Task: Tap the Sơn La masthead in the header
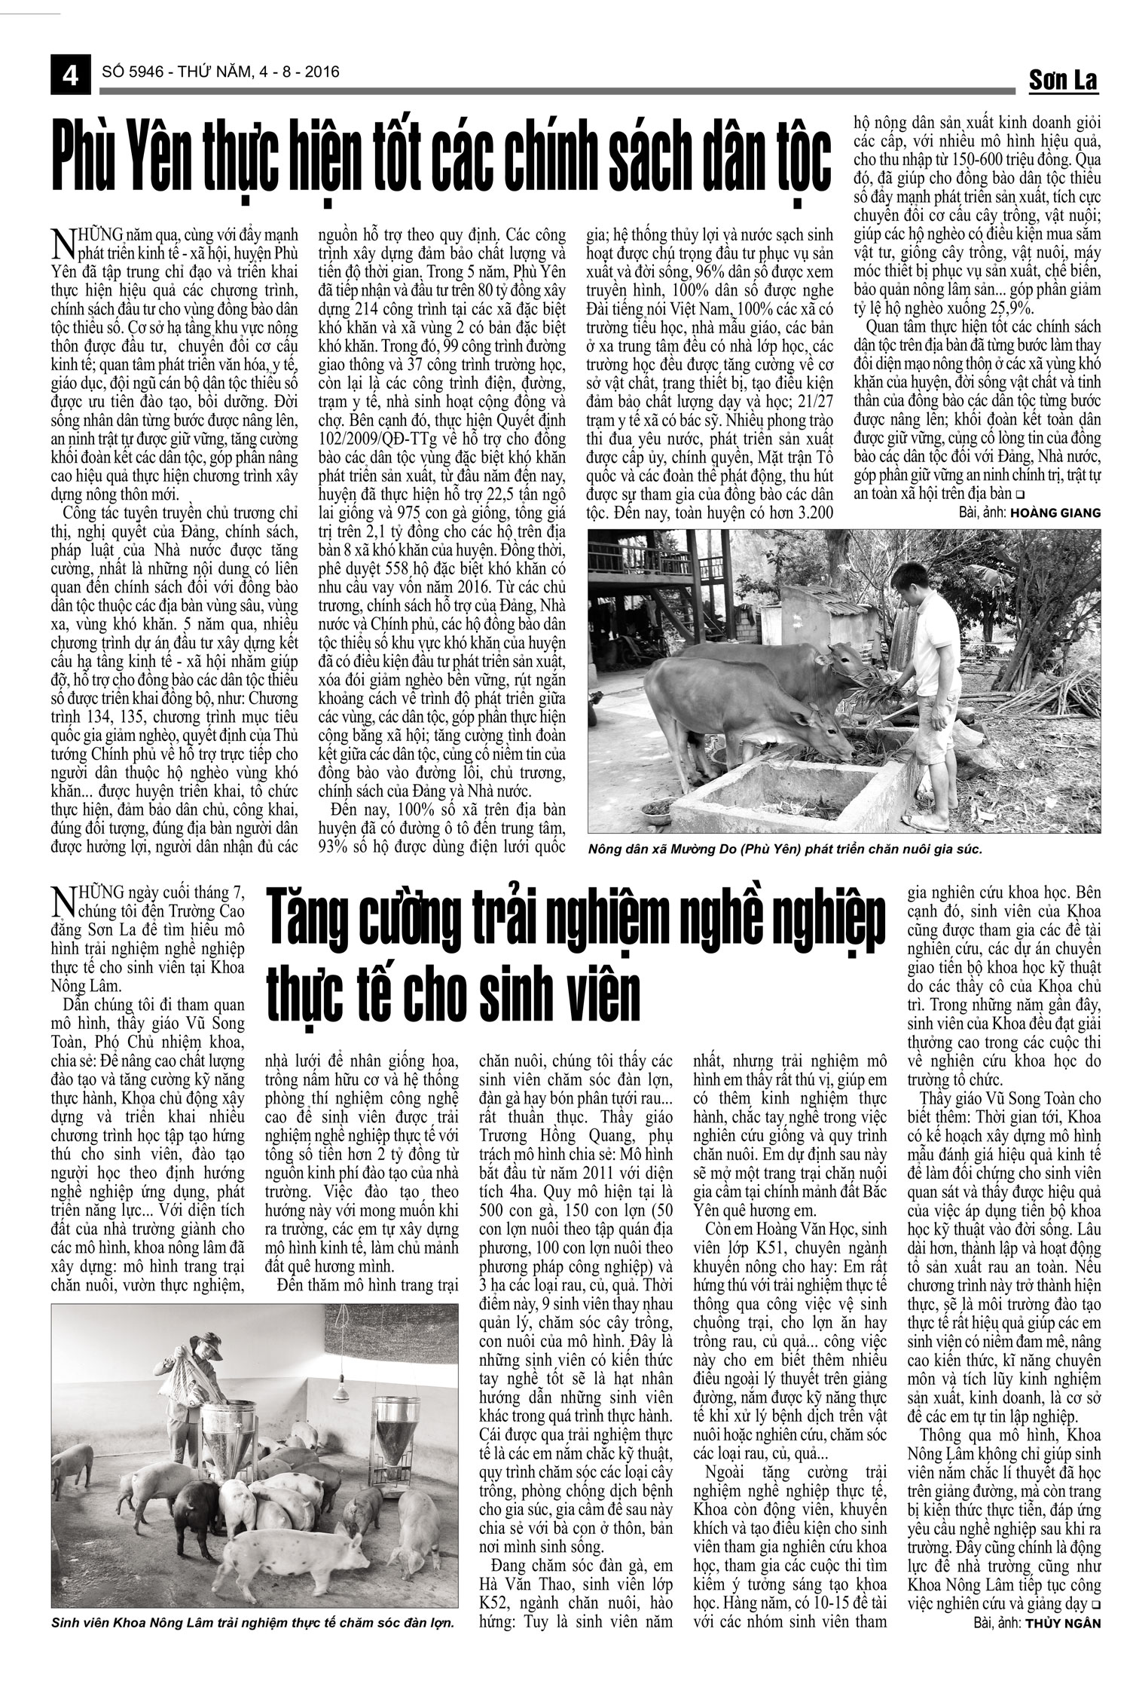point(1063,80)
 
